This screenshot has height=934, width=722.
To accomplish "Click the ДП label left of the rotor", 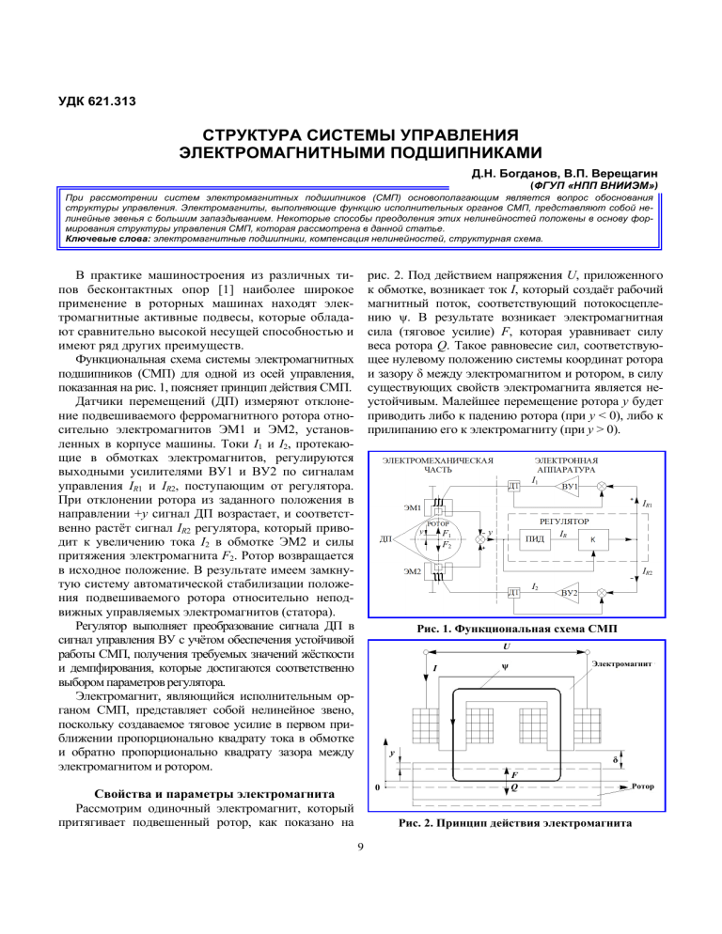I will (x=385, y=539).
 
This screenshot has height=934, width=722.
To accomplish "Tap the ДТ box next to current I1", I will (x=514, y=486).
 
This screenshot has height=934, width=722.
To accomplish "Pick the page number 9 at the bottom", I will (x=361, y=851).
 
